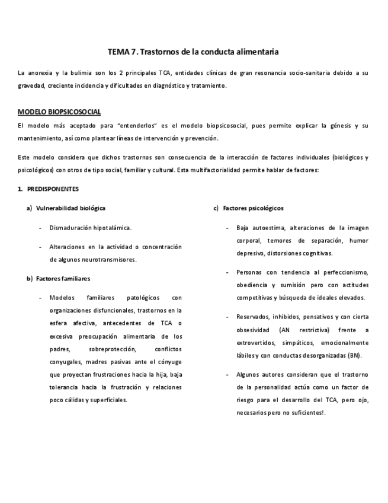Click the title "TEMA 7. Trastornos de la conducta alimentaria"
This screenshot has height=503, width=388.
194,52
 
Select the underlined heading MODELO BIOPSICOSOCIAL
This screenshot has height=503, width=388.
59,112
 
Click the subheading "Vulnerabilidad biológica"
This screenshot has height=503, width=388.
70,208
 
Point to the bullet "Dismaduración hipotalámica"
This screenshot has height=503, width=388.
90,228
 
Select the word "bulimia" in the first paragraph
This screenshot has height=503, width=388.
83,73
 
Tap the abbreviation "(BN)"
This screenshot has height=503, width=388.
354,355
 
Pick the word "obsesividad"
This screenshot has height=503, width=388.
254,330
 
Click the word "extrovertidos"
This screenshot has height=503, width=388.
258,343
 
